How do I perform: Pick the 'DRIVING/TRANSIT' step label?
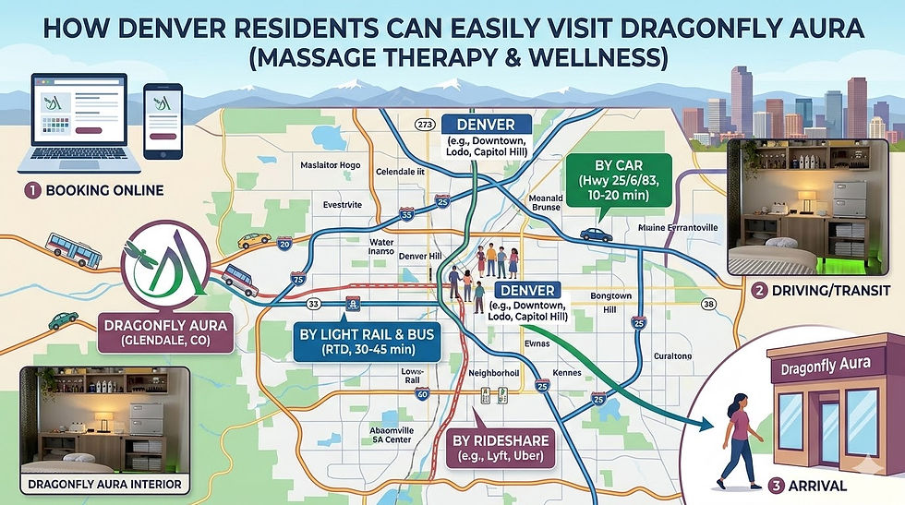click(822, 292)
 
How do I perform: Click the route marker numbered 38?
click(708, 303)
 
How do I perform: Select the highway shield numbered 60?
click(421, 394)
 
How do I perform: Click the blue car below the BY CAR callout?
click(596, 234)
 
